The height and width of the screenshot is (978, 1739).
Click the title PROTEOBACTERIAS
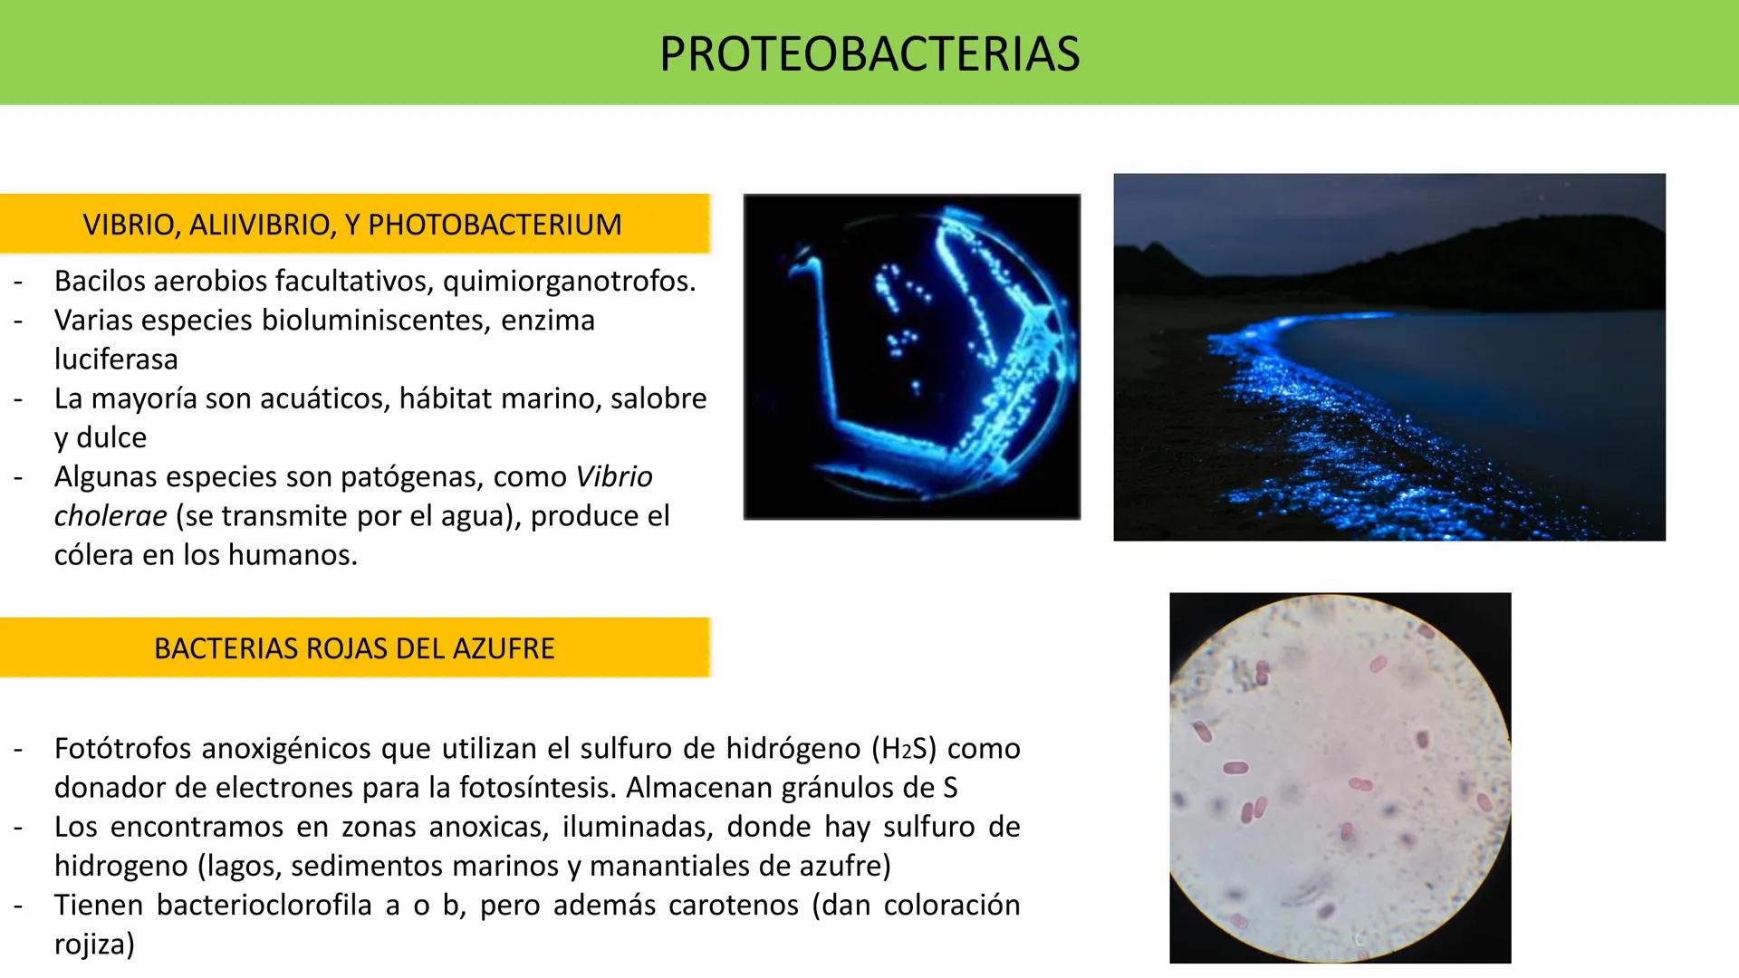point(869,53)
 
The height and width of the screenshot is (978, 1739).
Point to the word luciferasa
point(116,360)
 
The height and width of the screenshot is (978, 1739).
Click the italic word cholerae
point(110,516)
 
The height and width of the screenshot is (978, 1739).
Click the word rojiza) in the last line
point(94,944)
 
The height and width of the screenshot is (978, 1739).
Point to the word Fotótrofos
point(122,749)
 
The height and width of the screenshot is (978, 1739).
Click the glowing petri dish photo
point(911,357)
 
